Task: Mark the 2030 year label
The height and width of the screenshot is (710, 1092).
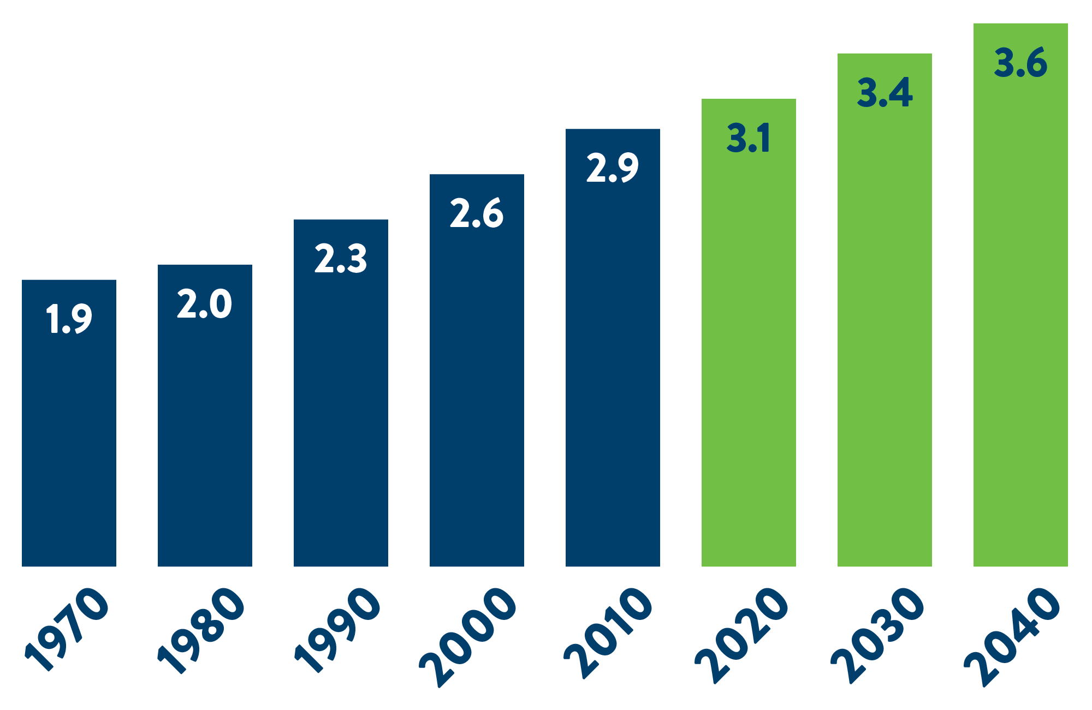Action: click(x=878, y=634)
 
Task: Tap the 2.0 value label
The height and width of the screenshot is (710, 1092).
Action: click(x=205, y=304)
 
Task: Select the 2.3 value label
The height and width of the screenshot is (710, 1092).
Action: click(x=341, y=259)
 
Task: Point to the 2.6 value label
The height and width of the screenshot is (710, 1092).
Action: click(x=477, y=213)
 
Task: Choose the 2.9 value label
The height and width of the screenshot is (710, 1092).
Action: click(x=613, y=168)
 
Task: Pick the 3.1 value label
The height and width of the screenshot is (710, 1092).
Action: click(x=749, y=138)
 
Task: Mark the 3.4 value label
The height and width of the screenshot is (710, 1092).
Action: click(x=885, y=92)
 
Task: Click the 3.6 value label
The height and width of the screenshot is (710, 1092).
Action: click(x=1020, y=63)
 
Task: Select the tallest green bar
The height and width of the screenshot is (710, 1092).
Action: click(x=1020, y=327)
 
